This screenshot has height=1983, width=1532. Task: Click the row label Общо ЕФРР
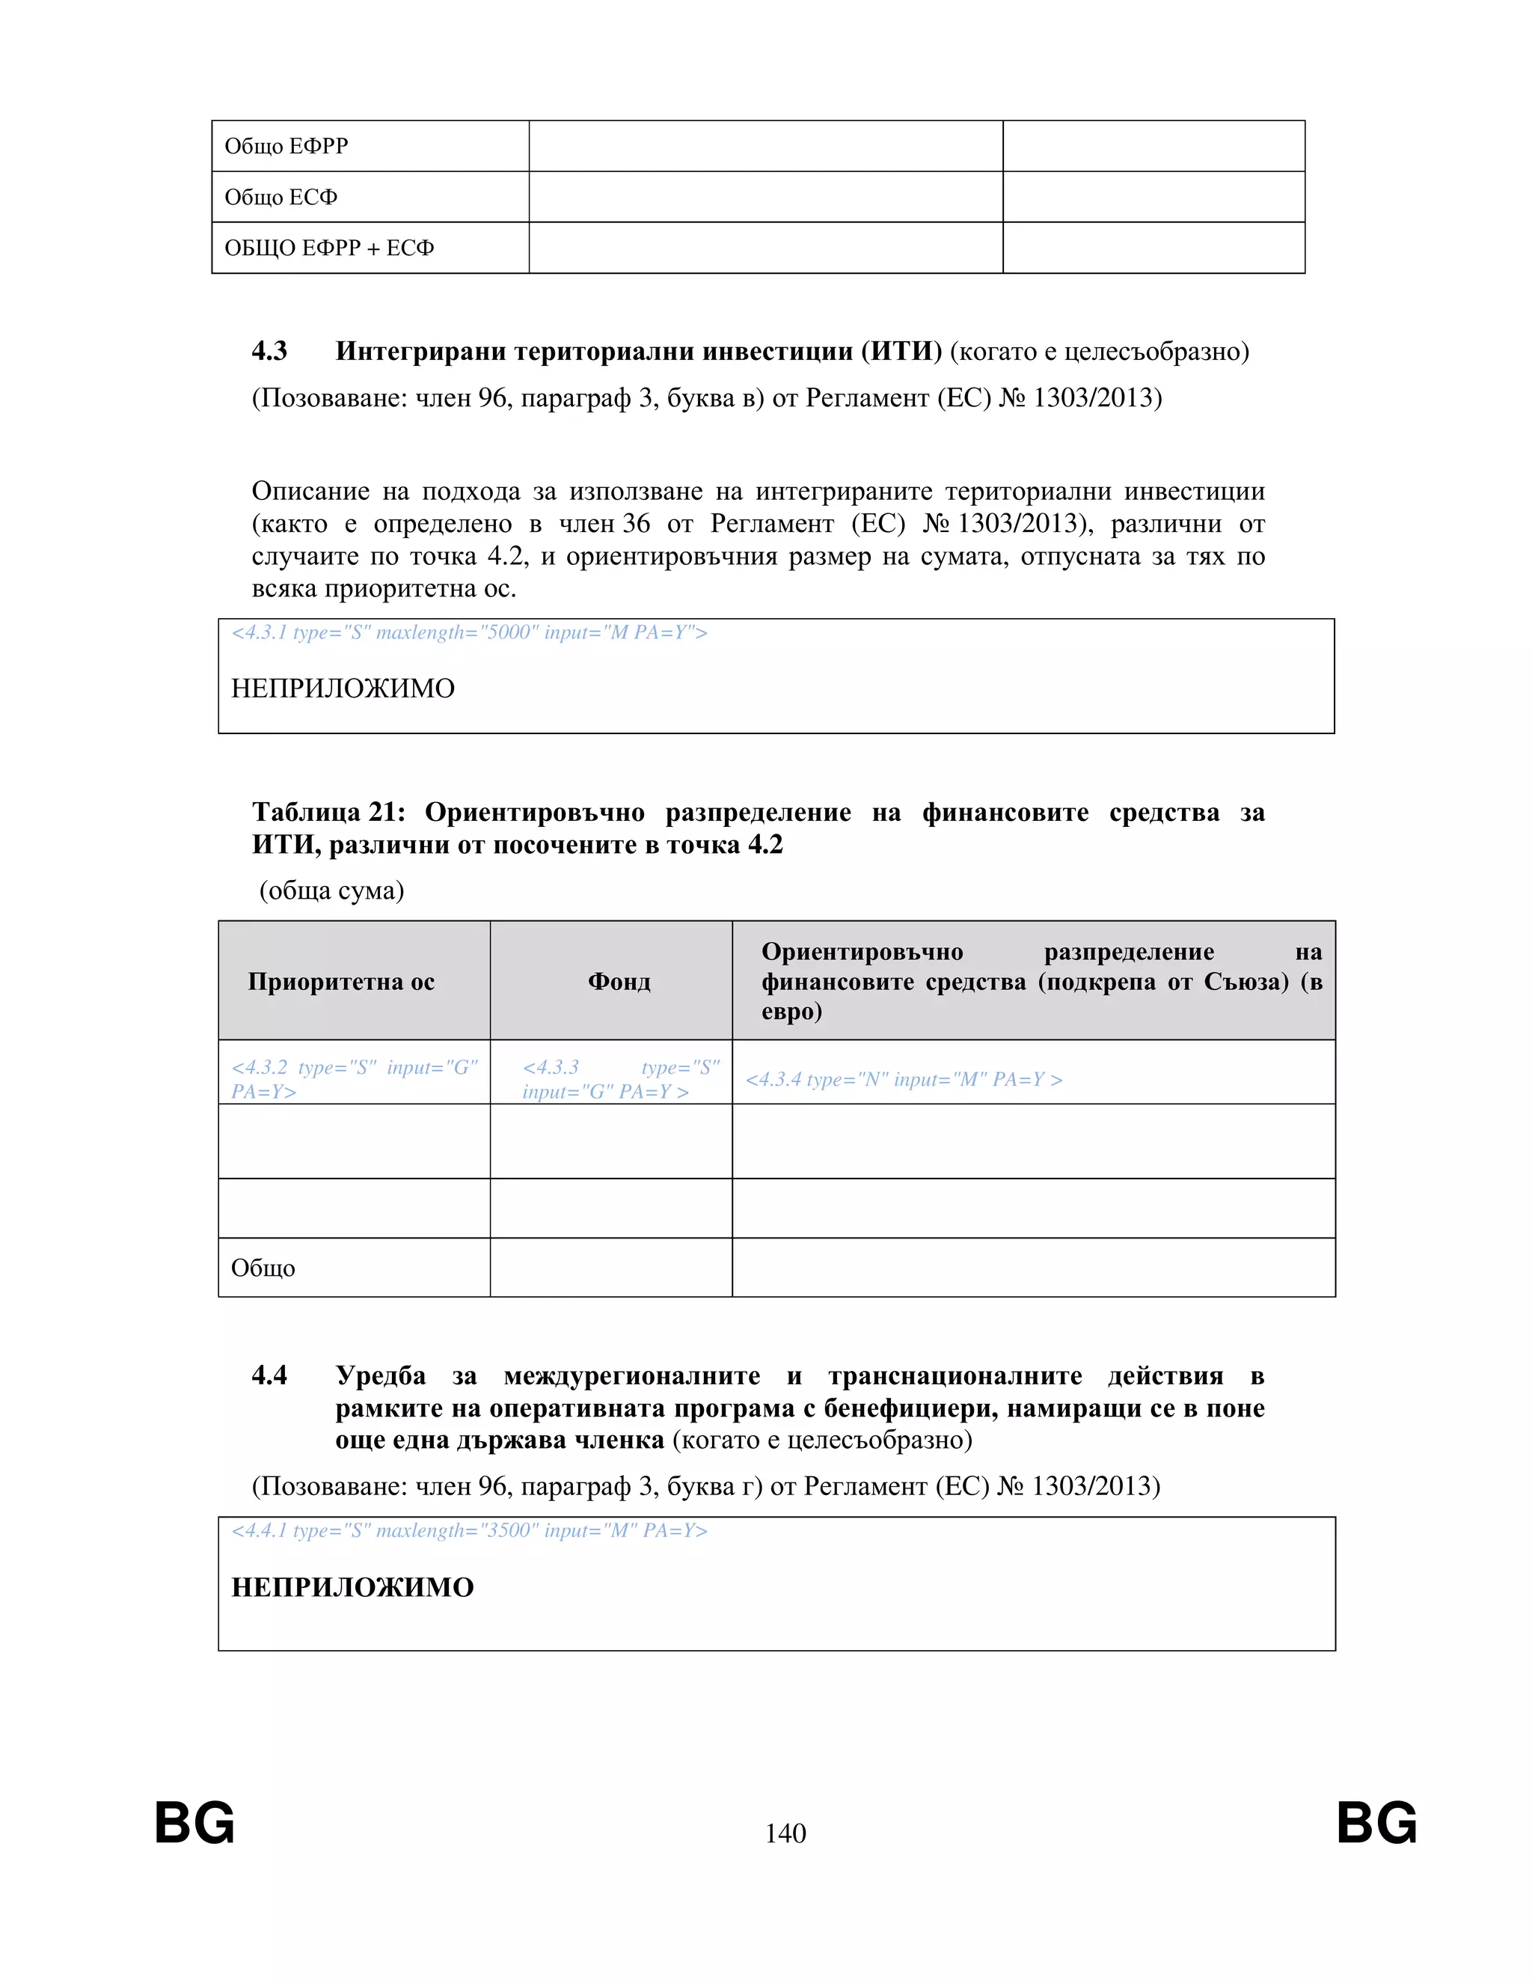tap(286, 146)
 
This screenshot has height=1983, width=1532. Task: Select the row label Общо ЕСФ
tap(281, 197)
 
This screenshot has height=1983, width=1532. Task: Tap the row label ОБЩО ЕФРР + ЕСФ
tap(328, 248)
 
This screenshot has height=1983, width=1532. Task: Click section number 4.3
tap(269, 352)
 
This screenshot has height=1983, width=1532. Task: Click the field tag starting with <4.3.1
tap(468, 633)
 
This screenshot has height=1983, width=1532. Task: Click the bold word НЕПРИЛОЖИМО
tap(352, 1587)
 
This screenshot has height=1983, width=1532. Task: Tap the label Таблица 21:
tap(328, 813)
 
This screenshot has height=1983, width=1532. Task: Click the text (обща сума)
tap(331, 890)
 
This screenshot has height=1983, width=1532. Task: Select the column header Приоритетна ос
tap(341, 982)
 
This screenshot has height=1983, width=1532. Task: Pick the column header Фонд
tap(619, 982)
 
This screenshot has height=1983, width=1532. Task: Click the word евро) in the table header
tap(791, 1012)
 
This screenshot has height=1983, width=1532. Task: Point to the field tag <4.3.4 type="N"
tap(903, 1080)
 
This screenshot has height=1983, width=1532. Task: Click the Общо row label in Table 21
tap(263, 1268)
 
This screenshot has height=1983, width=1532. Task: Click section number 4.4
tap(269, 1375)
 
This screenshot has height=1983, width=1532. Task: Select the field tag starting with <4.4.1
tap(468, 1531)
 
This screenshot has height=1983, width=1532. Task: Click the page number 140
tap(785, 1833)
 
